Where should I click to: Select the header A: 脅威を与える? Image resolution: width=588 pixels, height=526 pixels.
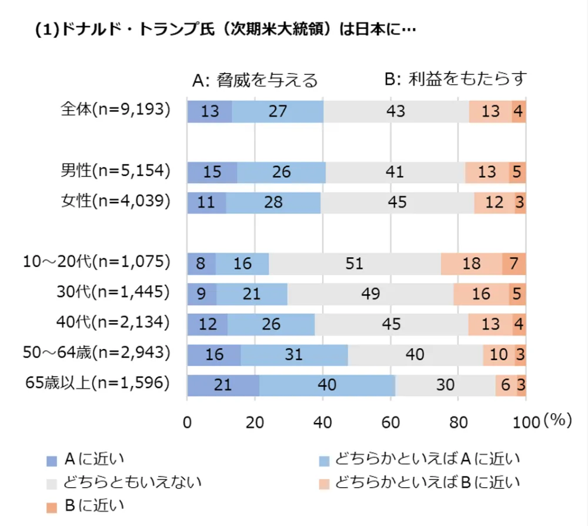coord(255,80)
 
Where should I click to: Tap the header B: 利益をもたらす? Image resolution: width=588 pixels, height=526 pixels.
coord(455,79)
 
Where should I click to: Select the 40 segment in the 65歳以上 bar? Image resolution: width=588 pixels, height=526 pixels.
coord(327,385)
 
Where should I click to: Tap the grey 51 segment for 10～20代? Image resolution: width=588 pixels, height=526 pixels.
coord(355,263)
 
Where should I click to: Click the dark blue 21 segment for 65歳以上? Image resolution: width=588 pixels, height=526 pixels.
coord(223,385)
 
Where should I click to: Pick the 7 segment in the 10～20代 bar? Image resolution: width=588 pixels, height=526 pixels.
coord(514,263)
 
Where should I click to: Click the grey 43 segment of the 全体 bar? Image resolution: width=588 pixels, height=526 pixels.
coord(396,111)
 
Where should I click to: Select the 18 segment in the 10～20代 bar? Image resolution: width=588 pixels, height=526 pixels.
coord(472,263)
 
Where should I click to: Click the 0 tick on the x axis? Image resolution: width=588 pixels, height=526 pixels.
coord(187,422)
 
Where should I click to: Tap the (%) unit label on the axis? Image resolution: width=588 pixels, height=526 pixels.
coord(557,421)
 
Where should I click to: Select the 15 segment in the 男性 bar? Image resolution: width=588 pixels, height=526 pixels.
coord(212,172)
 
